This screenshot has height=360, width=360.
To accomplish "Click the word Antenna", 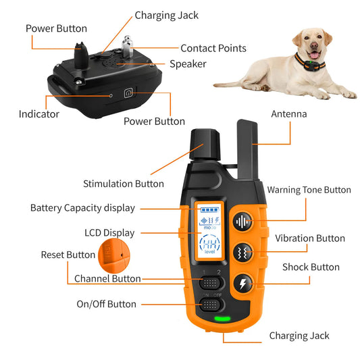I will [x=289, y=114].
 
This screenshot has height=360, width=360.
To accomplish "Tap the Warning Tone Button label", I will [x=309, y=190].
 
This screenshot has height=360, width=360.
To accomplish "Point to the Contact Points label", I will [x=213, y=49].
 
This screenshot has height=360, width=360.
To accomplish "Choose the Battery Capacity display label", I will [x=82, y=208].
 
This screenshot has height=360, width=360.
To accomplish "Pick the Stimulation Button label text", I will [x=123, y=184].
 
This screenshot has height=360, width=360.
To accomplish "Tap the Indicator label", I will [x=39, y=114].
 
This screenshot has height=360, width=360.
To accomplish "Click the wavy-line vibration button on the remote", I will [x=241, y=252].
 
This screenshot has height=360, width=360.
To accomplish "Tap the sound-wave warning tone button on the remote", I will [x=241, y=222].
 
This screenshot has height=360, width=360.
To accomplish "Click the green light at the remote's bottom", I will [x=220, y=319].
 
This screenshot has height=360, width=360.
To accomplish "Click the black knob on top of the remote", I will [x=205, y=144].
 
